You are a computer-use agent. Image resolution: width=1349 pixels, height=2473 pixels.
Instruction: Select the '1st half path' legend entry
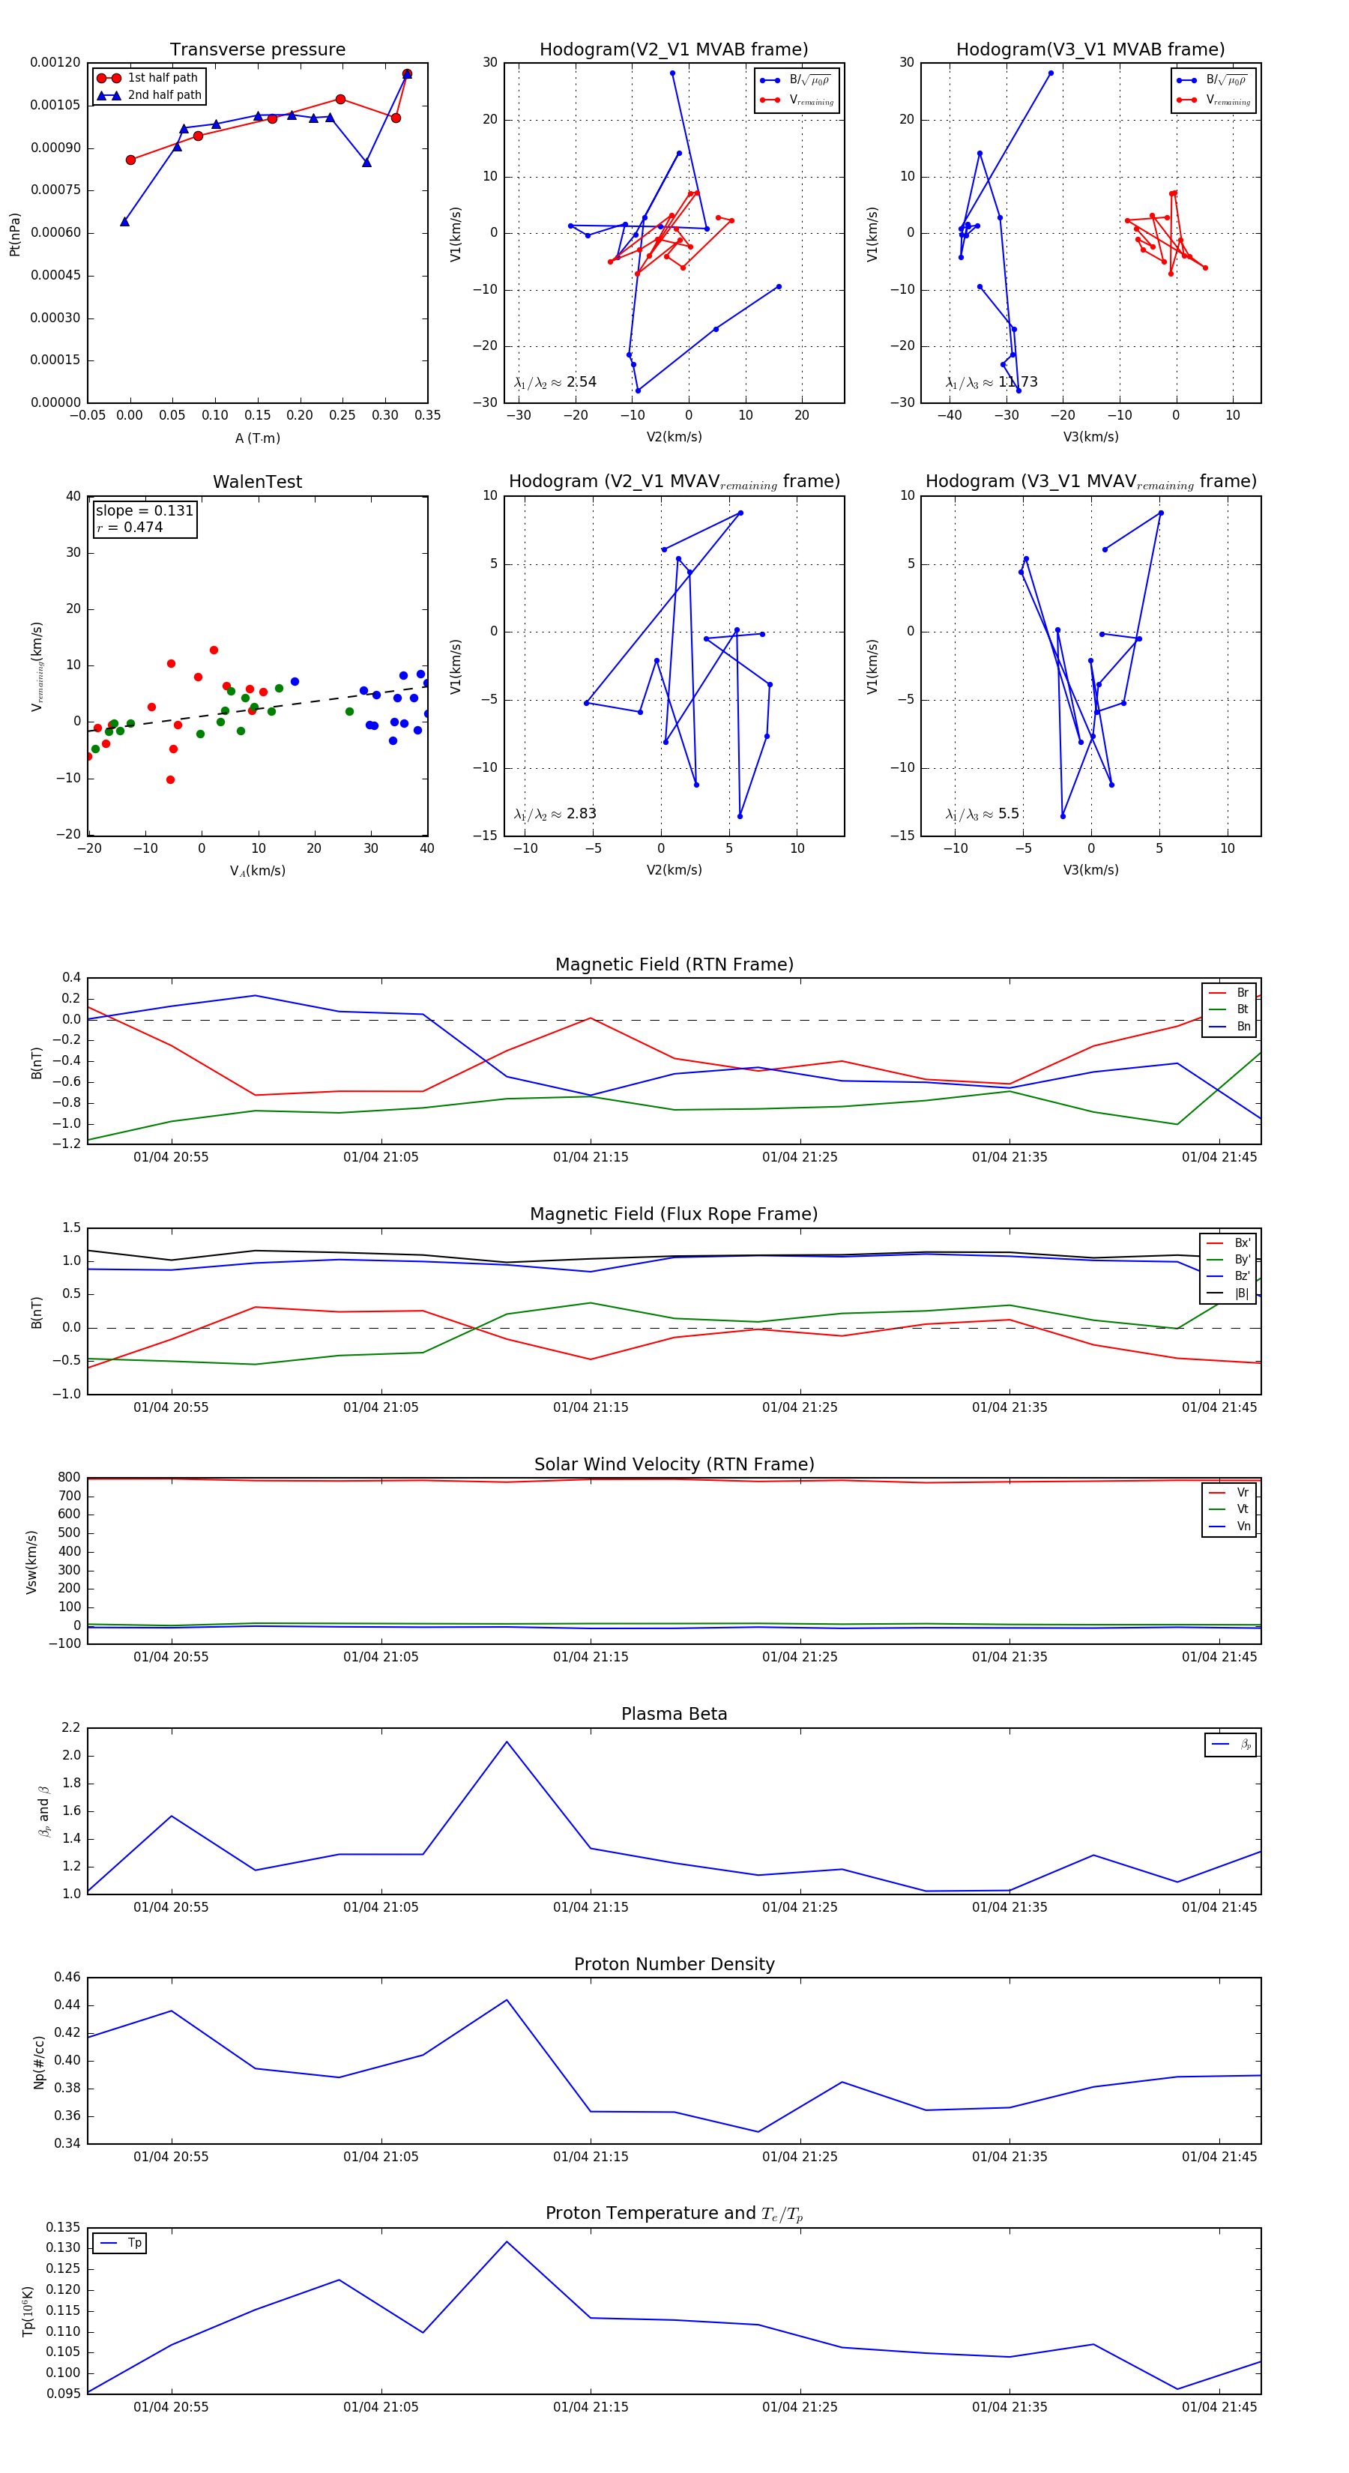pyautogui.click(x=161, y=78)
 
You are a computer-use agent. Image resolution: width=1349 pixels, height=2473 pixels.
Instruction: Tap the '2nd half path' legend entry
pyautogui.click(x=164, y=95)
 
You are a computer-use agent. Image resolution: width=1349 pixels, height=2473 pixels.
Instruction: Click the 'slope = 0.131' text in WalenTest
pyautogui.click(x=144, y=511)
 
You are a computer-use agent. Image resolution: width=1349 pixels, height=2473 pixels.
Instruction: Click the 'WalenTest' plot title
pyautogui.click(x=257, y=482)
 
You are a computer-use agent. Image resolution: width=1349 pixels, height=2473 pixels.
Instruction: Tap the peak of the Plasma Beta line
pyautogui.click(x=507, y=1742)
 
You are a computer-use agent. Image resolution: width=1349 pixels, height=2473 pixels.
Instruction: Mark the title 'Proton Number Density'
pyautogui.click(x=674, y=1964)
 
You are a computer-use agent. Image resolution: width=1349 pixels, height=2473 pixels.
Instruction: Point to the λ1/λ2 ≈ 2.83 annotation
pyautogui.click(x=555, y=814)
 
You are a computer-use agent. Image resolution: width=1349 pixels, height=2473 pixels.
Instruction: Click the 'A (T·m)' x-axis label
pyautogui.click(x=257, y=438)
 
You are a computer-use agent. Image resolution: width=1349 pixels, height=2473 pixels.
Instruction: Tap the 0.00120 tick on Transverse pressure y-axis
pyautogui.click(x=55, y=62)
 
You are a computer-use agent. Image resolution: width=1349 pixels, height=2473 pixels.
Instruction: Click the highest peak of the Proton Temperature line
pyautogui.click(x=507, y=2241)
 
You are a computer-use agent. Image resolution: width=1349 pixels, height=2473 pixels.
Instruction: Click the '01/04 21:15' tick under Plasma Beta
pyautogui.click(x=591, y=1906)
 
